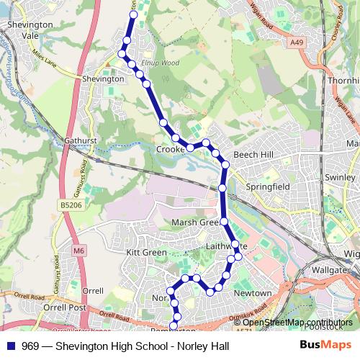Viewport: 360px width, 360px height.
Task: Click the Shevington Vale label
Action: coord(30,29)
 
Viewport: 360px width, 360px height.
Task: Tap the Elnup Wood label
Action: coord(159,63)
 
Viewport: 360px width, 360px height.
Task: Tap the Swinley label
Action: coord(341,177)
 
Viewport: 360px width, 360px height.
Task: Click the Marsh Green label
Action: coord(195,222)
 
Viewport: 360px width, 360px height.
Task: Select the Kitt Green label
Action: coord(147,253)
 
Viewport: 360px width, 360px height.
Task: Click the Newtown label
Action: coord(253,293)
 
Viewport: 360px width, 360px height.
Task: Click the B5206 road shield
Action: coord(66,206)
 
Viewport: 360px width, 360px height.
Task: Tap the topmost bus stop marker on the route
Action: coord(133,14)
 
